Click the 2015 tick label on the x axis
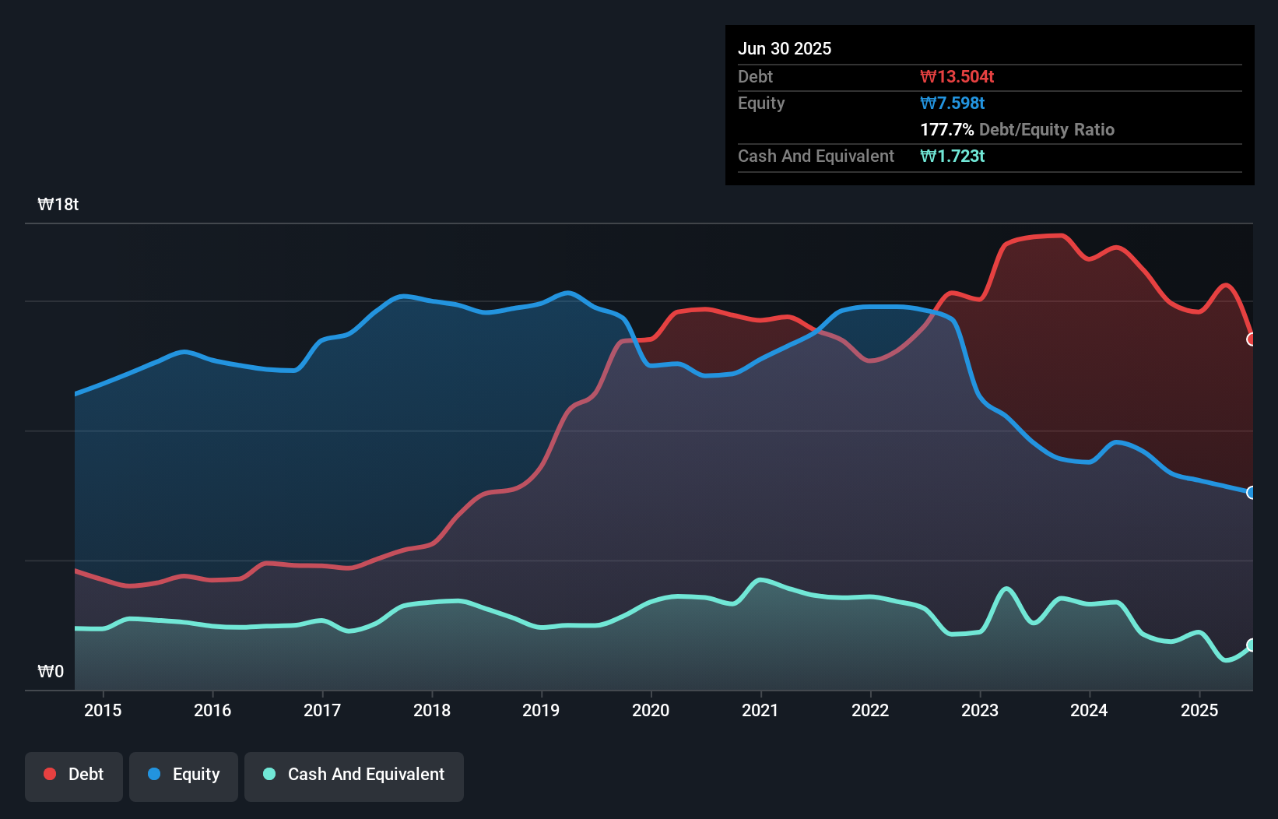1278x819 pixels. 103,710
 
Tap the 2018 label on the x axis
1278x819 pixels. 432,710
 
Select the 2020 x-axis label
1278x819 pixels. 651,710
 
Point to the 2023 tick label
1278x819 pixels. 979,710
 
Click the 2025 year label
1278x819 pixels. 1199,710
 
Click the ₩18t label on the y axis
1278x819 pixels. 58,205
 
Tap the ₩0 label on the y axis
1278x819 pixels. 51,672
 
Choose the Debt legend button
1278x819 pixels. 74,775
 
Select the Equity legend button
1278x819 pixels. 184,775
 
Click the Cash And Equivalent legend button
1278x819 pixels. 354,775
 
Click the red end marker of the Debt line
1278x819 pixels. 1252,339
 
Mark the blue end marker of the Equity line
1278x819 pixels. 1252,493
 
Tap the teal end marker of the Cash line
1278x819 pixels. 1252,645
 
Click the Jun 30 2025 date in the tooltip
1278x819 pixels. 785,49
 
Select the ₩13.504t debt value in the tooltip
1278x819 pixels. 957,77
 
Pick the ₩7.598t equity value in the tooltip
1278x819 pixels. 952,104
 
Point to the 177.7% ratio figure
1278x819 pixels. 946,130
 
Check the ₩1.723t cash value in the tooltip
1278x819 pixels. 952,156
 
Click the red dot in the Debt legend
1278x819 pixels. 50,774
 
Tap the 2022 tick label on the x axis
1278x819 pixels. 869,710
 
